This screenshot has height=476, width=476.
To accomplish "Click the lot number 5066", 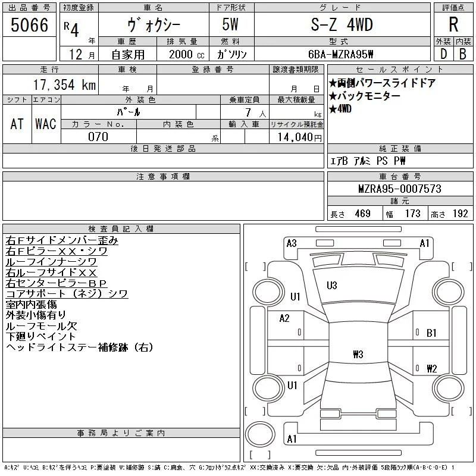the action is [29, 25].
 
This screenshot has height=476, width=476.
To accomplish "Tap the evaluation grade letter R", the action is [453, 24].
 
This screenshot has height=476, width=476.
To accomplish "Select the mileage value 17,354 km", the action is [64, 85].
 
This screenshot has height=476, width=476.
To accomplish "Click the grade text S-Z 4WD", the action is [342, 24].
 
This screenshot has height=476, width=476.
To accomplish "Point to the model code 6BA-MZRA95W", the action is [340, 54].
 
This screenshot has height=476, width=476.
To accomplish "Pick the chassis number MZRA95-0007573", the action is [399, 189].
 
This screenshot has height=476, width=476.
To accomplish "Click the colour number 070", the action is [98, 137].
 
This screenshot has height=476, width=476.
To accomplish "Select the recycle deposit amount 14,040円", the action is [300, 137].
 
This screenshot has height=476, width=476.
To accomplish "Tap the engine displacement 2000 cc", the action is [187, 54].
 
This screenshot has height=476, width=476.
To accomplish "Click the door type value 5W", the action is [230, 24].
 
